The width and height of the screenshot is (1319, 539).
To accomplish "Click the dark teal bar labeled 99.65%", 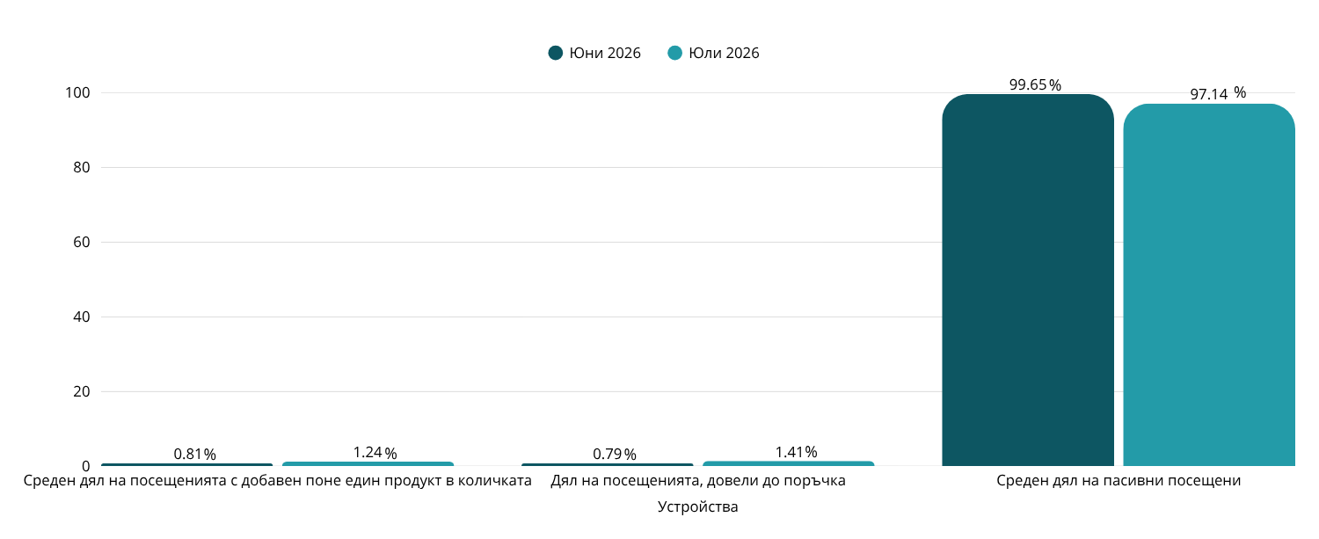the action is tap(1028, 280).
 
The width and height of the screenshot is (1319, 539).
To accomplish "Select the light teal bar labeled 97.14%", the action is tap(1209, 285).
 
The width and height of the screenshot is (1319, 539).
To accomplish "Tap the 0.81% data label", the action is tap(195, 455).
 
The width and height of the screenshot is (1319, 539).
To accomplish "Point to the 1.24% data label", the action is tap(375, 453).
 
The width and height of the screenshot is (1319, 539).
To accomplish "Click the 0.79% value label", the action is tap(615, 455).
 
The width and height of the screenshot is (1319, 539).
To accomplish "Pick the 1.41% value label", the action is tap(796, 452).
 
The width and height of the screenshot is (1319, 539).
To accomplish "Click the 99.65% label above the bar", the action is tap(1035, 84).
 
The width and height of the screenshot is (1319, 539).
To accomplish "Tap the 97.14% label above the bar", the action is tap(1218, 93).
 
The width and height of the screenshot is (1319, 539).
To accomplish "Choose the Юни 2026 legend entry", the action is tap(594, 53).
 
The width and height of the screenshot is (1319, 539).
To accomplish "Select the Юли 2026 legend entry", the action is tap(713, 53).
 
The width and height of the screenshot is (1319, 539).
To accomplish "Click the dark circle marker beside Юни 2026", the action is tap(555, 53).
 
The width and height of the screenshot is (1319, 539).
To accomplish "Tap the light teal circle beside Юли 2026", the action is tap(674, 53).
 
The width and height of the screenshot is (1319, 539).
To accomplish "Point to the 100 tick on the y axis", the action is tap(77, 92).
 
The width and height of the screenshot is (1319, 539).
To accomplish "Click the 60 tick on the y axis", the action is tap(81, 242).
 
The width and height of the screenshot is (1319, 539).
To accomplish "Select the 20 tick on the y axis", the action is tap(81, 392).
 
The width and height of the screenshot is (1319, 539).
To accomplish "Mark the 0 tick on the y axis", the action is tap(86, 466).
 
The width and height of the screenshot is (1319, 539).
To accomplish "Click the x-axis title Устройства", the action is tap(698, 506).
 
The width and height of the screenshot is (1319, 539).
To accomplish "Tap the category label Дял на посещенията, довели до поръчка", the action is tap(698, 481).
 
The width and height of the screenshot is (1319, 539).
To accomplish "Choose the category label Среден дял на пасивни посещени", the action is tap(1119, 481).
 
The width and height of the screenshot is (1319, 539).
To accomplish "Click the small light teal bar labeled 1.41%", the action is tap(789, 463).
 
